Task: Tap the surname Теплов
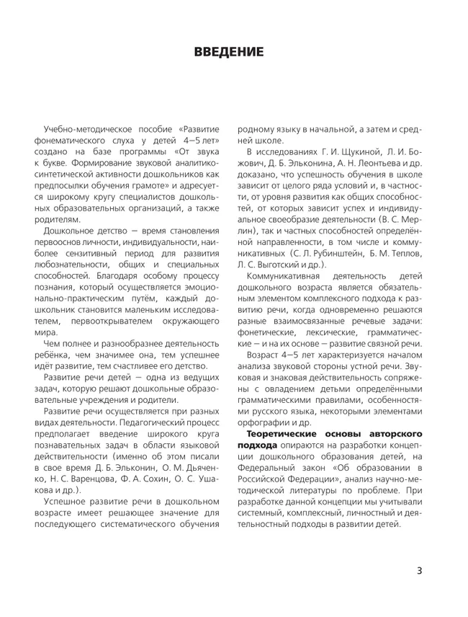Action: click(408, 253)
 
